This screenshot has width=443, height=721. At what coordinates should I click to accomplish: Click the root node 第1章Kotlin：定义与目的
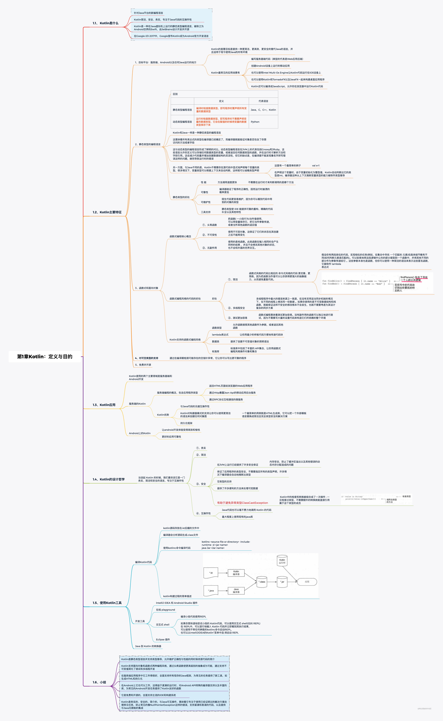[45, 357]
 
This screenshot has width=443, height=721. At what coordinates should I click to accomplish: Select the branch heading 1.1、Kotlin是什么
[105, 23]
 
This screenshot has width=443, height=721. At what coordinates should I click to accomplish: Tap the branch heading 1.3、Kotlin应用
[104, 405]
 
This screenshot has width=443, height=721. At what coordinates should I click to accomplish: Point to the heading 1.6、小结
[99, 682]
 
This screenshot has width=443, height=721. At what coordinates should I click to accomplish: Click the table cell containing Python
[255, 122]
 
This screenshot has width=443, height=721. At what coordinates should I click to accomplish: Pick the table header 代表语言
[263, 101]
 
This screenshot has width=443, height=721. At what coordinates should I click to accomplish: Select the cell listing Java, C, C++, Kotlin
[263, 110]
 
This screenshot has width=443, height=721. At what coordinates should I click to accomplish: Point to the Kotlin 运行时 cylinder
[282, 561]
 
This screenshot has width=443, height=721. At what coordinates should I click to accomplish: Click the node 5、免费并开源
[143, 365]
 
